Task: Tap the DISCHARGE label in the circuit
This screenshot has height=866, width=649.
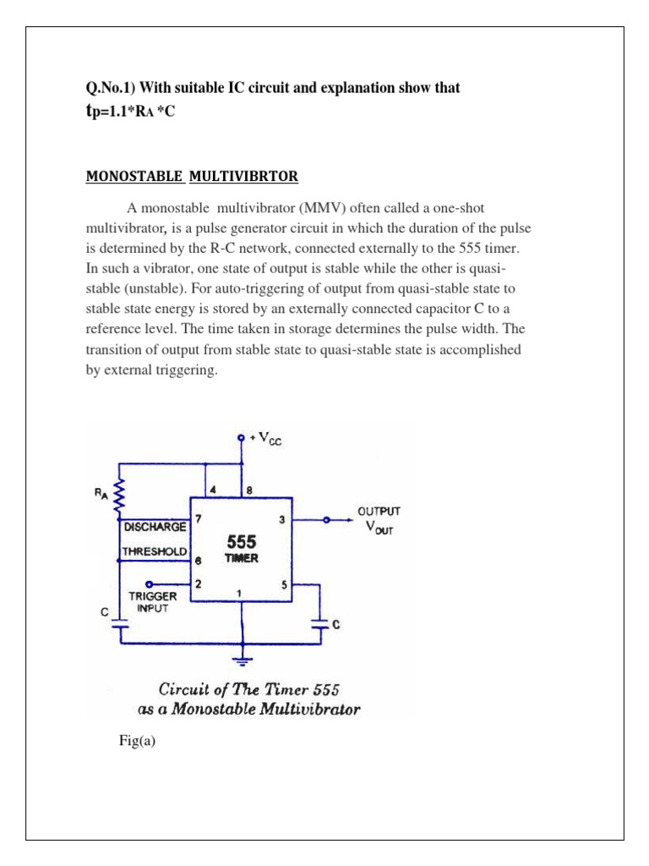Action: (155, 526)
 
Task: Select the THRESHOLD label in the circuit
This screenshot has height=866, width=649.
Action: (154, 551)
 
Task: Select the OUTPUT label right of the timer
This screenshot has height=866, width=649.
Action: (379, 511)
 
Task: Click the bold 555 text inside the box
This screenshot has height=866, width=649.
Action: (241, 540)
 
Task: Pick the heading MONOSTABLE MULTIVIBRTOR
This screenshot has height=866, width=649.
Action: (191, 176)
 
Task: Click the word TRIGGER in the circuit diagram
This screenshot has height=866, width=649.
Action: (154, 595)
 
